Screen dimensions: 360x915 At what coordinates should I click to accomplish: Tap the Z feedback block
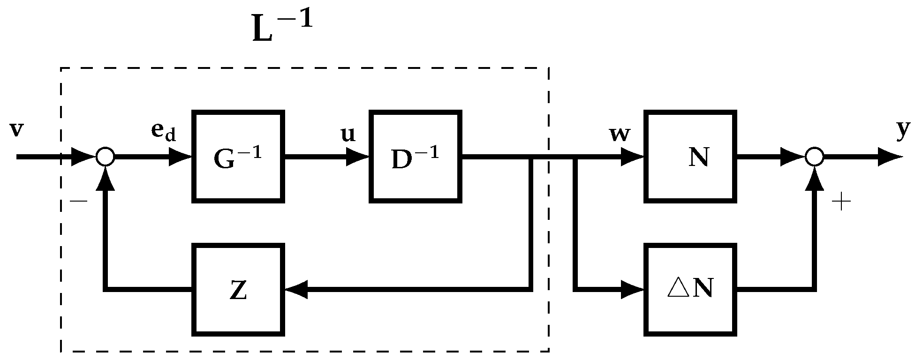click(x=238, y=290)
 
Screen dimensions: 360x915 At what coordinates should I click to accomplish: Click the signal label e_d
click(x=163, y=132)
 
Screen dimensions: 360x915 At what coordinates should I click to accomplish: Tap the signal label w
click(x=619, y=134)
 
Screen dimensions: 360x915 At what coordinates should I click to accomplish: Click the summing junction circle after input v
click(x=105, y=157)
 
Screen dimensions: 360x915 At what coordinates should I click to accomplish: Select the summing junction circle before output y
click(x=815, y=157)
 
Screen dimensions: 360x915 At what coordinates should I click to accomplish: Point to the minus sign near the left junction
click(x=78, y=202)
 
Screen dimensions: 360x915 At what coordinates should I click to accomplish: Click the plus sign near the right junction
click(x=841, y=202)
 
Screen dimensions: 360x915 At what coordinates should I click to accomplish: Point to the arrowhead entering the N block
click(x=633, y=157)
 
